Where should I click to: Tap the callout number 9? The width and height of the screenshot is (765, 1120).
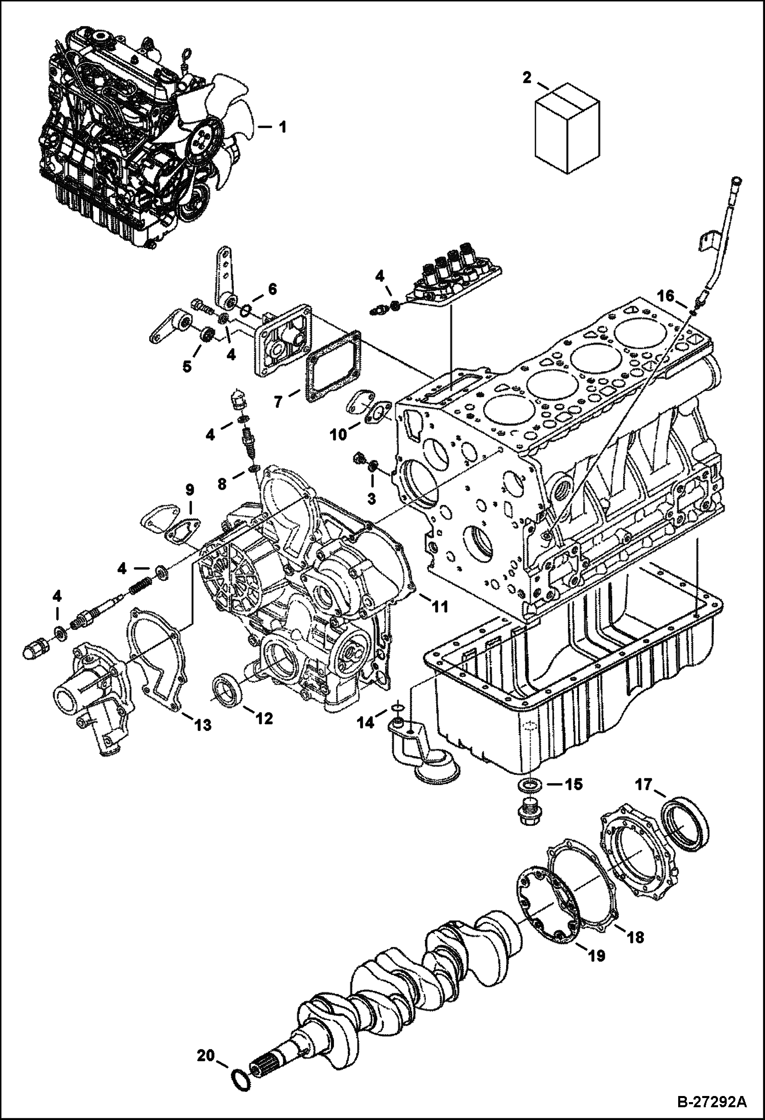[x=189, y=491]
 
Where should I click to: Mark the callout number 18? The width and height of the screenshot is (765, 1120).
[x=636, y=937]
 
